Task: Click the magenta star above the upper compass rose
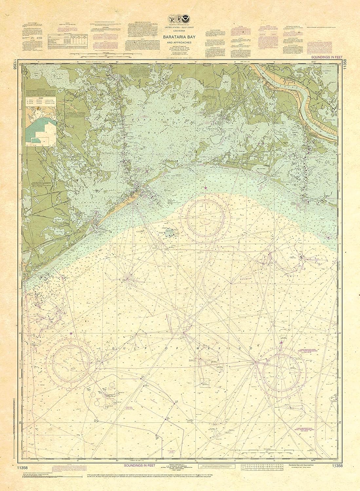(x=205, y=188)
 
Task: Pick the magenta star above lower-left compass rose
(x=71, y=333)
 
